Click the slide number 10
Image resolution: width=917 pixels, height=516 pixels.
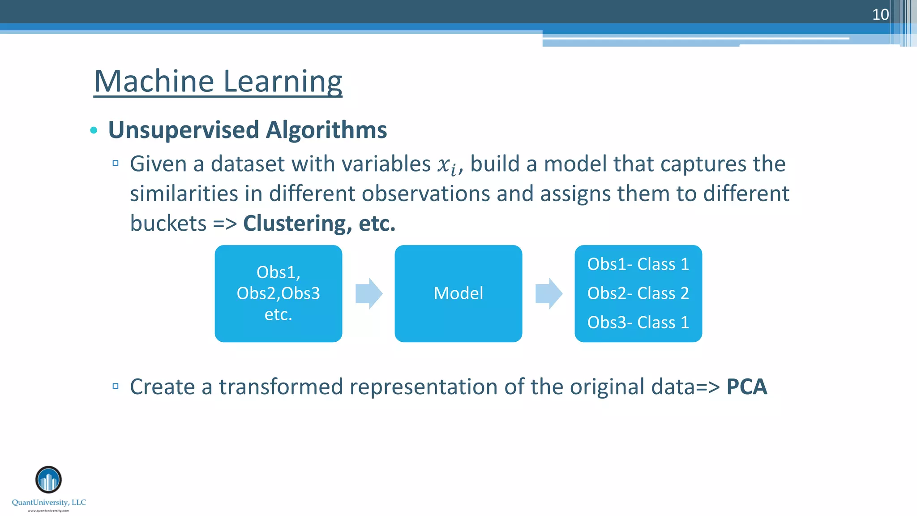click(880, 15)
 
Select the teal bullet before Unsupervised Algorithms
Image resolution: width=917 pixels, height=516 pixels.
click(94, 130)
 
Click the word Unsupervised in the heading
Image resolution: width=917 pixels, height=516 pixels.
click(184, 130)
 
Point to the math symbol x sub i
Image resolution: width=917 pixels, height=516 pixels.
click(448, 165)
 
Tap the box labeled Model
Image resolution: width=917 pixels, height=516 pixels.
click(458, 293)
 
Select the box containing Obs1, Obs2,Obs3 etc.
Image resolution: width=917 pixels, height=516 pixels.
click(278, 293)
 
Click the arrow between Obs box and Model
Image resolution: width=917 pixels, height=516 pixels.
click(369, 293)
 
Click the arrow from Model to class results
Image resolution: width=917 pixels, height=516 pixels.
click(548, 293)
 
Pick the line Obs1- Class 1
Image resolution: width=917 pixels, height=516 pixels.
click(638, 264)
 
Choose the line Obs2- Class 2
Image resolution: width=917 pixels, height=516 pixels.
click(638, 293)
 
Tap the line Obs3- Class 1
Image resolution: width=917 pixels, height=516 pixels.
click(638, 322)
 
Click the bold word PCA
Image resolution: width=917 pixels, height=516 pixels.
click(746, 387)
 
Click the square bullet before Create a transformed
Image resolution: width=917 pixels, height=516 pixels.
click(116, 386)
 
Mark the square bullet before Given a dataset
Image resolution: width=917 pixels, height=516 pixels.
click(116, 163)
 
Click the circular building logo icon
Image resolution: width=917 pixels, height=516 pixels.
click(48, 479)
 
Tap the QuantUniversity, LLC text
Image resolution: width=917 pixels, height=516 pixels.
click(49, 503)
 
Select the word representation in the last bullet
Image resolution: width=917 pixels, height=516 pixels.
click(423, 387)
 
